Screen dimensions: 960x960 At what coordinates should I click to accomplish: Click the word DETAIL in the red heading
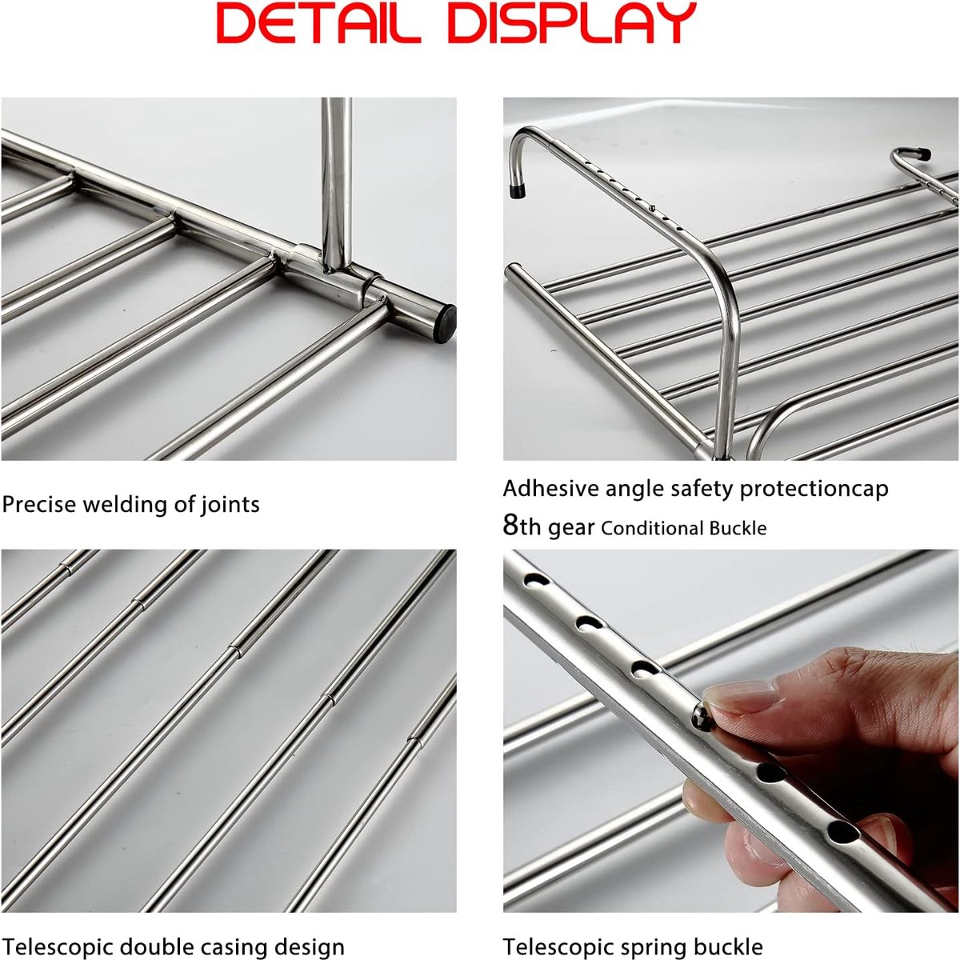tap(318, 23)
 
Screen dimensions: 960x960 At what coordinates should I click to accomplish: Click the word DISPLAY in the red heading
tap(572, 23)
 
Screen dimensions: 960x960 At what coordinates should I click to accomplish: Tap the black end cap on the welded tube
tap(445, 324)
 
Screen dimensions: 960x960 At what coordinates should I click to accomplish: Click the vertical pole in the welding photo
tap(336, 184)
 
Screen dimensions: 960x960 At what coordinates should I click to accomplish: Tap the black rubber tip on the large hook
tap(518, 191)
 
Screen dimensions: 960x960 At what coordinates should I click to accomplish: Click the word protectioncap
tap(814, 490)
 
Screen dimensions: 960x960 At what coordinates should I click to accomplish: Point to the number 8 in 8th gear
tap(510, 525)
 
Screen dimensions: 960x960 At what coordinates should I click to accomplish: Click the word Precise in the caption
tap(39, 504)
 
